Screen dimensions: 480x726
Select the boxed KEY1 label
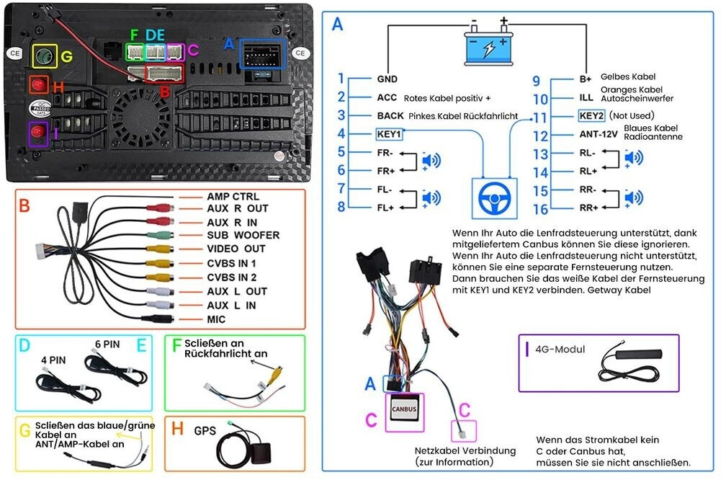click(x=389, y=134)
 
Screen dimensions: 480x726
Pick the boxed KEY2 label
click(x=591, y=115)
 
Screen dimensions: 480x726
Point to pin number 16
click(x=540, y=209)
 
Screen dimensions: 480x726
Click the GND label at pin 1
click(x=387, y=79)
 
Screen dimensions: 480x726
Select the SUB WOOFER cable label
click(x=243, y=235)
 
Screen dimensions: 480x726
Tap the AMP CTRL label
click(x=233, y=197)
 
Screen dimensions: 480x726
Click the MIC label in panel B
click(x=216, y=319)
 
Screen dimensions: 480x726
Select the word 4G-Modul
click(x=560, y=350)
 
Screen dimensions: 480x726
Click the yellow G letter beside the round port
click(x=66, y=56)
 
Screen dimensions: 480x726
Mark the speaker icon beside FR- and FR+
click(x=431, y=161)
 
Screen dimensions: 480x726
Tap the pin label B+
click(x=585, y=79)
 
